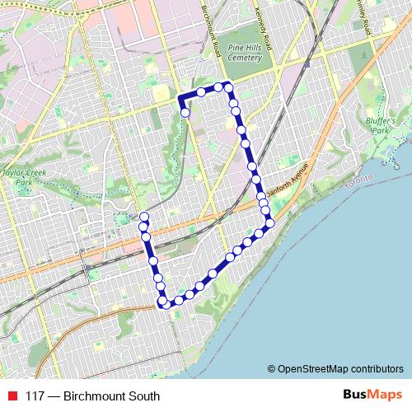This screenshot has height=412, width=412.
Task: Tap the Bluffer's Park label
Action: tap(379, 125)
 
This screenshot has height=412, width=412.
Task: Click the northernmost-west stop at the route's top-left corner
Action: tap(200, 91)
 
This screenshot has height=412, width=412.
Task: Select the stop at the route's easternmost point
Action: tap(268, 222)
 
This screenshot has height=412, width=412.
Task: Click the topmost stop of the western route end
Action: tap(144, 217)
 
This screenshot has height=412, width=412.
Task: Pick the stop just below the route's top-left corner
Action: tap(186, 112)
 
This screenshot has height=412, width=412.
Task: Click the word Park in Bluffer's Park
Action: tap(379, 130)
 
